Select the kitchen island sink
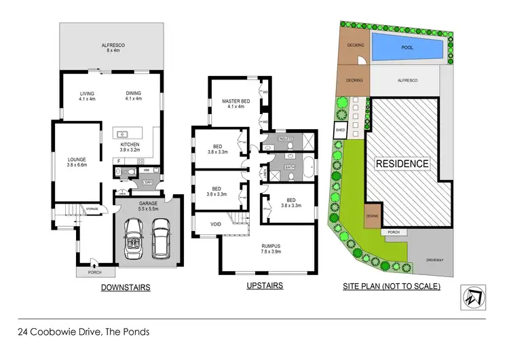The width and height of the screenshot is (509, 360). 124,134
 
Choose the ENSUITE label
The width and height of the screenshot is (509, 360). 279,139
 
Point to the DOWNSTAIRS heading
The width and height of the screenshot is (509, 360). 126,287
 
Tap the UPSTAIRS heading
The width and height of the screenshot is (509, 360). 265,285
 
